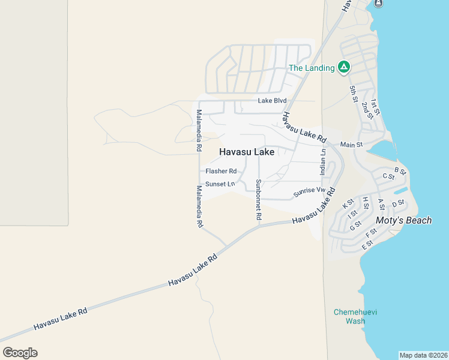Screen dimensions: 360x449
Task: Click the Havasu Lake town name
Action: tap(247, 152)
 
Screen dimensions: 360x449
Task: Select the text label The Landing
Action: tap(312, 68)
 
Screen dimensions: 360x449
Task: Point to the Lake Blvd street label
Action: tap(273, 101)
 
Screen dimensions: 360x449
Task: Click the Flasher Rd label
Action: tap(221, 171)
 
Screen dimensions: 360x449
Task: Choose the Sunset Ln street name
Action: tap(220, 184)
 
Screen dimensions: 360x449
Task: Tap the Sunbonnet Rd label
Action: tap(259, 200)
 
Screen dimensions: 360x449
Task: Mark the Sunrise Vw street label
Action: tap(309, 193)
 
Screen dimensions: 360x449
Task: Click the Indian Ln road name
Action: tap(323, 162)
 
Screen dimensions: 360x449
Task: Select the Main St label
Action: tap(352, 145)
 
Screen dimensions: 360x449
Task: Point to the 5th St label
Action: tap(354, 94)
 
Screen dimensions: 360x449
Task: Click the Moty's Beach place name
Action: tap(403, 220)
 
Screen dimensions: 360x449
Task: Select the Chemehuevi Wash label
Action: tap(349, 316)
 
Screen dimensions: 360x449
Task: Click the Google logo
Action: tap(20, 352)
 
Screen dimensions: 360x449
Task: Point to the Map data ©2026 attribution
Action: tap(423, 355)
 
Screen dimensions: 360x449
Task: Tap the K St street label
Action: tap(348, 204)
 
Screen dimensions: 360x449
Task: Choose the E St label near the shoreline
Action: tap(367, 245)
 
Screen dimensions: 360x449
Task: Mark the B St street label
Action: tap(400, 172)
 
